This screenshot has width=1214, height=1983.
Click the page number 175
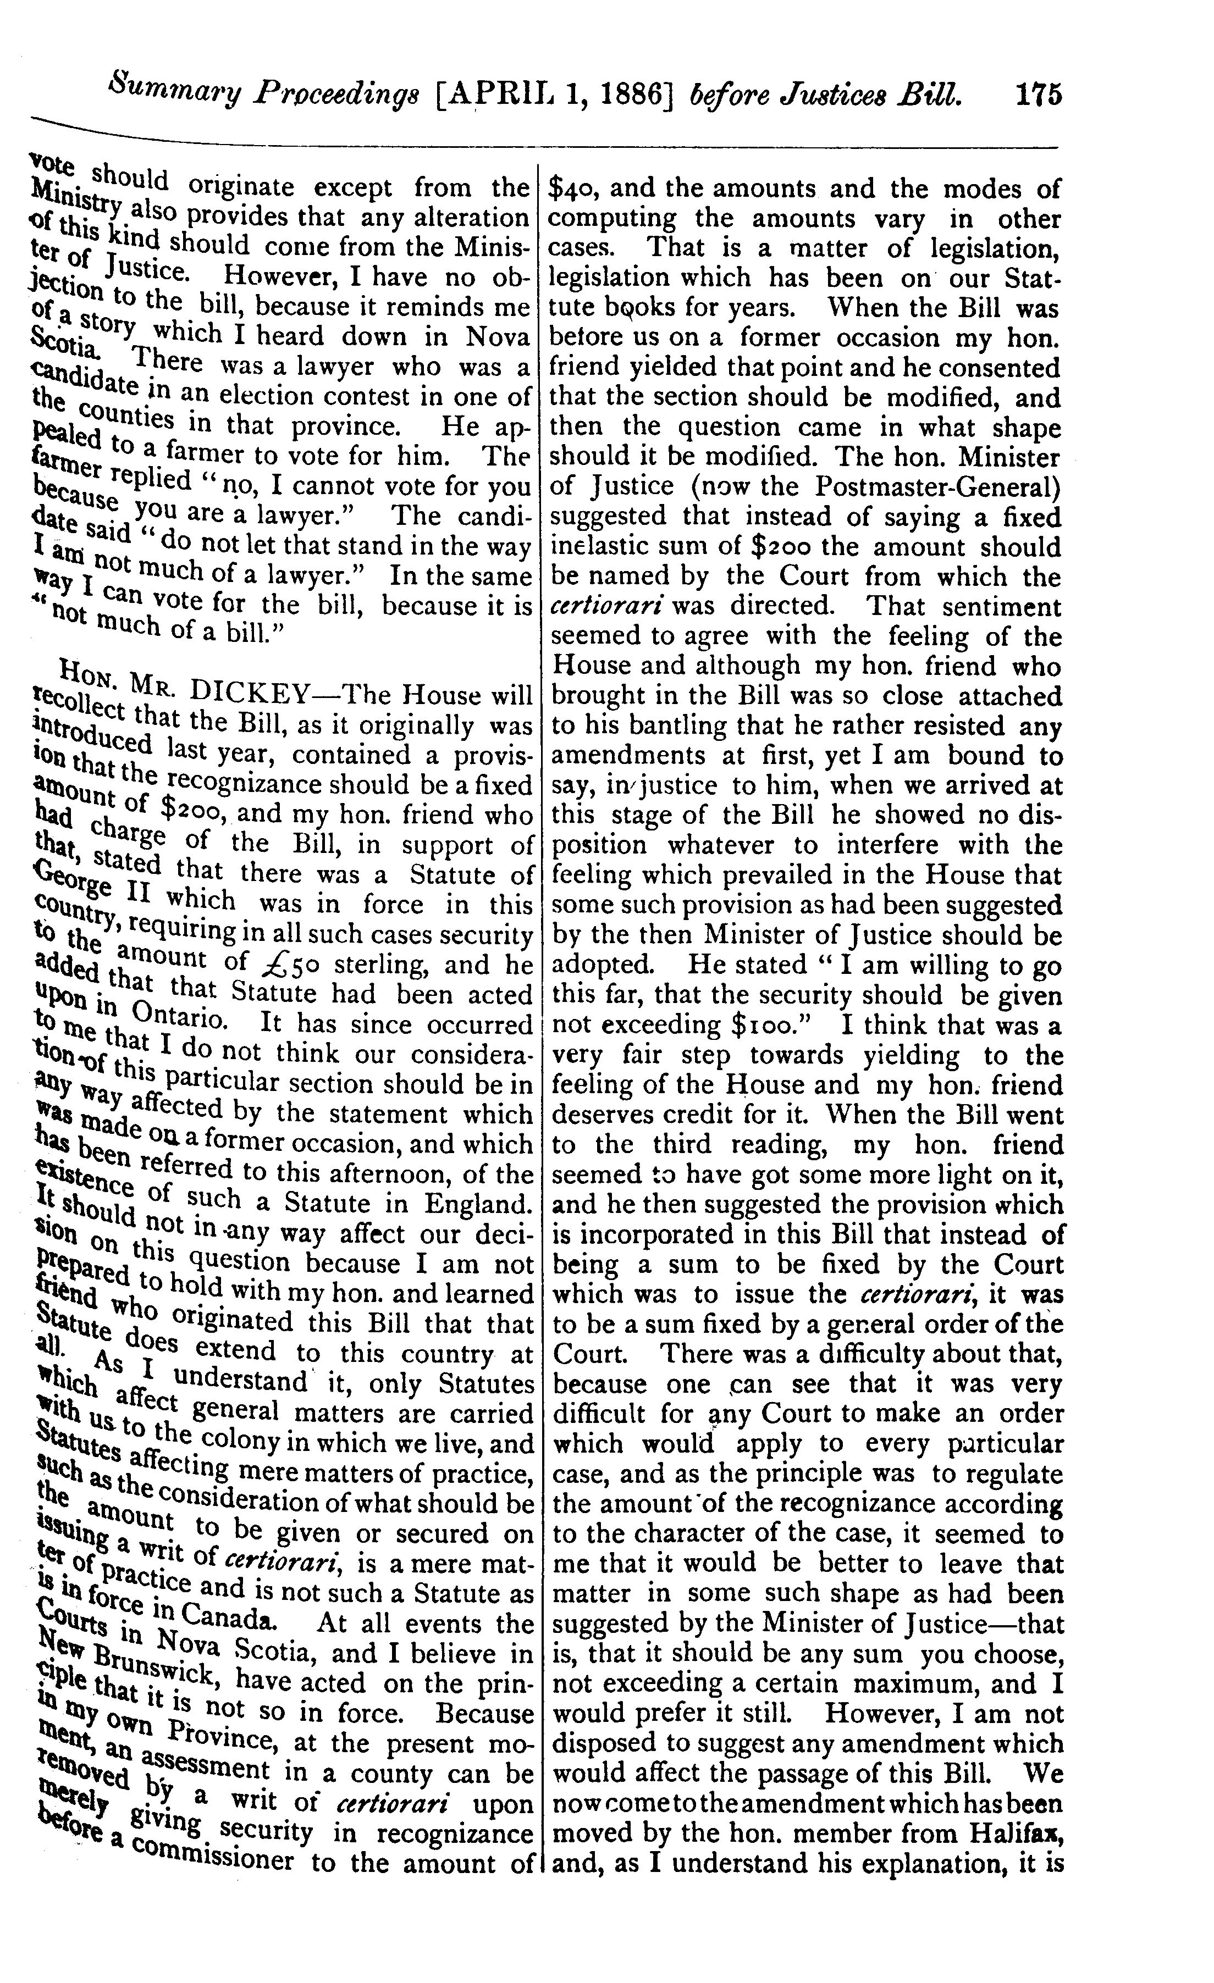(1038, 93)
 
